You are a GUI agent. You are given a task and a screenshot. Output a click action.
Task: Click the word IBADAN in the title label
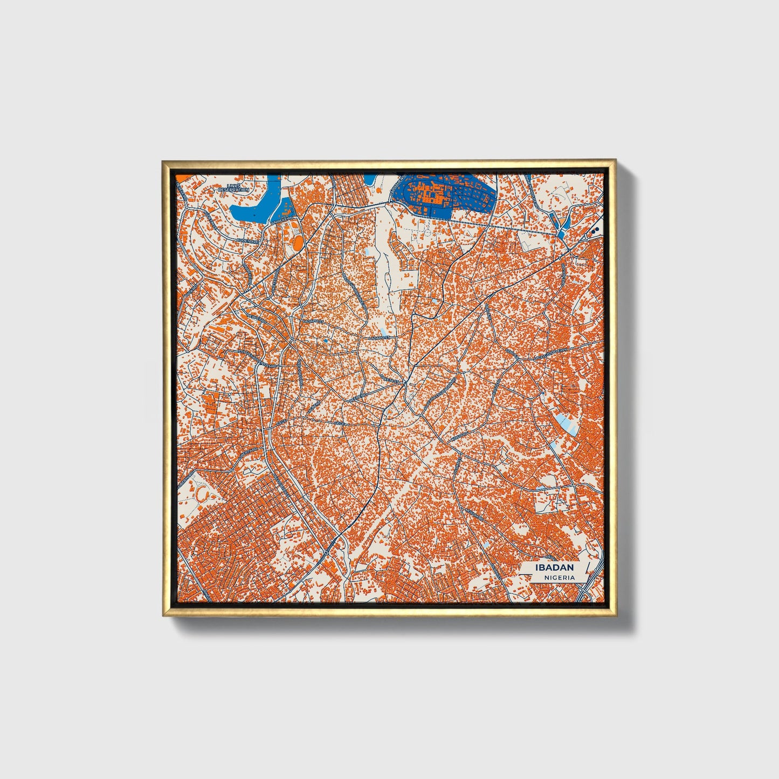554,568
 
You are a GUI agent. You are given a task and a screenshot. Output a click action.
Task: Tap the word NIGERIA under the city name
559,577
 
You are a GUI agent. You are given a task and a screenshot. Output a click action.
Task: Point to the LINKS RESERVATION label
233,188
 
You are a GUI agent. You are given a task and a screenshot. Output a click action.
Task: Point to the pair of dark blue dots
595,231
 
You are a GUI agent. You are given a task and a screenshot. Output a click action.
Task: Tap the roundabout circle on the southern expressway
327,553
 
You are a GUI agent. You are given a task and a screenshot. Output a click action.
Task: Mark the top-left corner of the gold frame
162,160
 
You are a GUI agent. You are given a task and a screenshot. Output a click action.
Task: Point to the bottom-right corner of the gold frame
616,616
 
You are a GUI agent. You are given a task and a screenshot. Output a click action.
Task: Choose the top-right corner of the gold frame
616,160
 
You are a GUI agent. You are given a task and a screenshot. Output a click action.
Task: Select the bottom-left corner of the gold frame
162,616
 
